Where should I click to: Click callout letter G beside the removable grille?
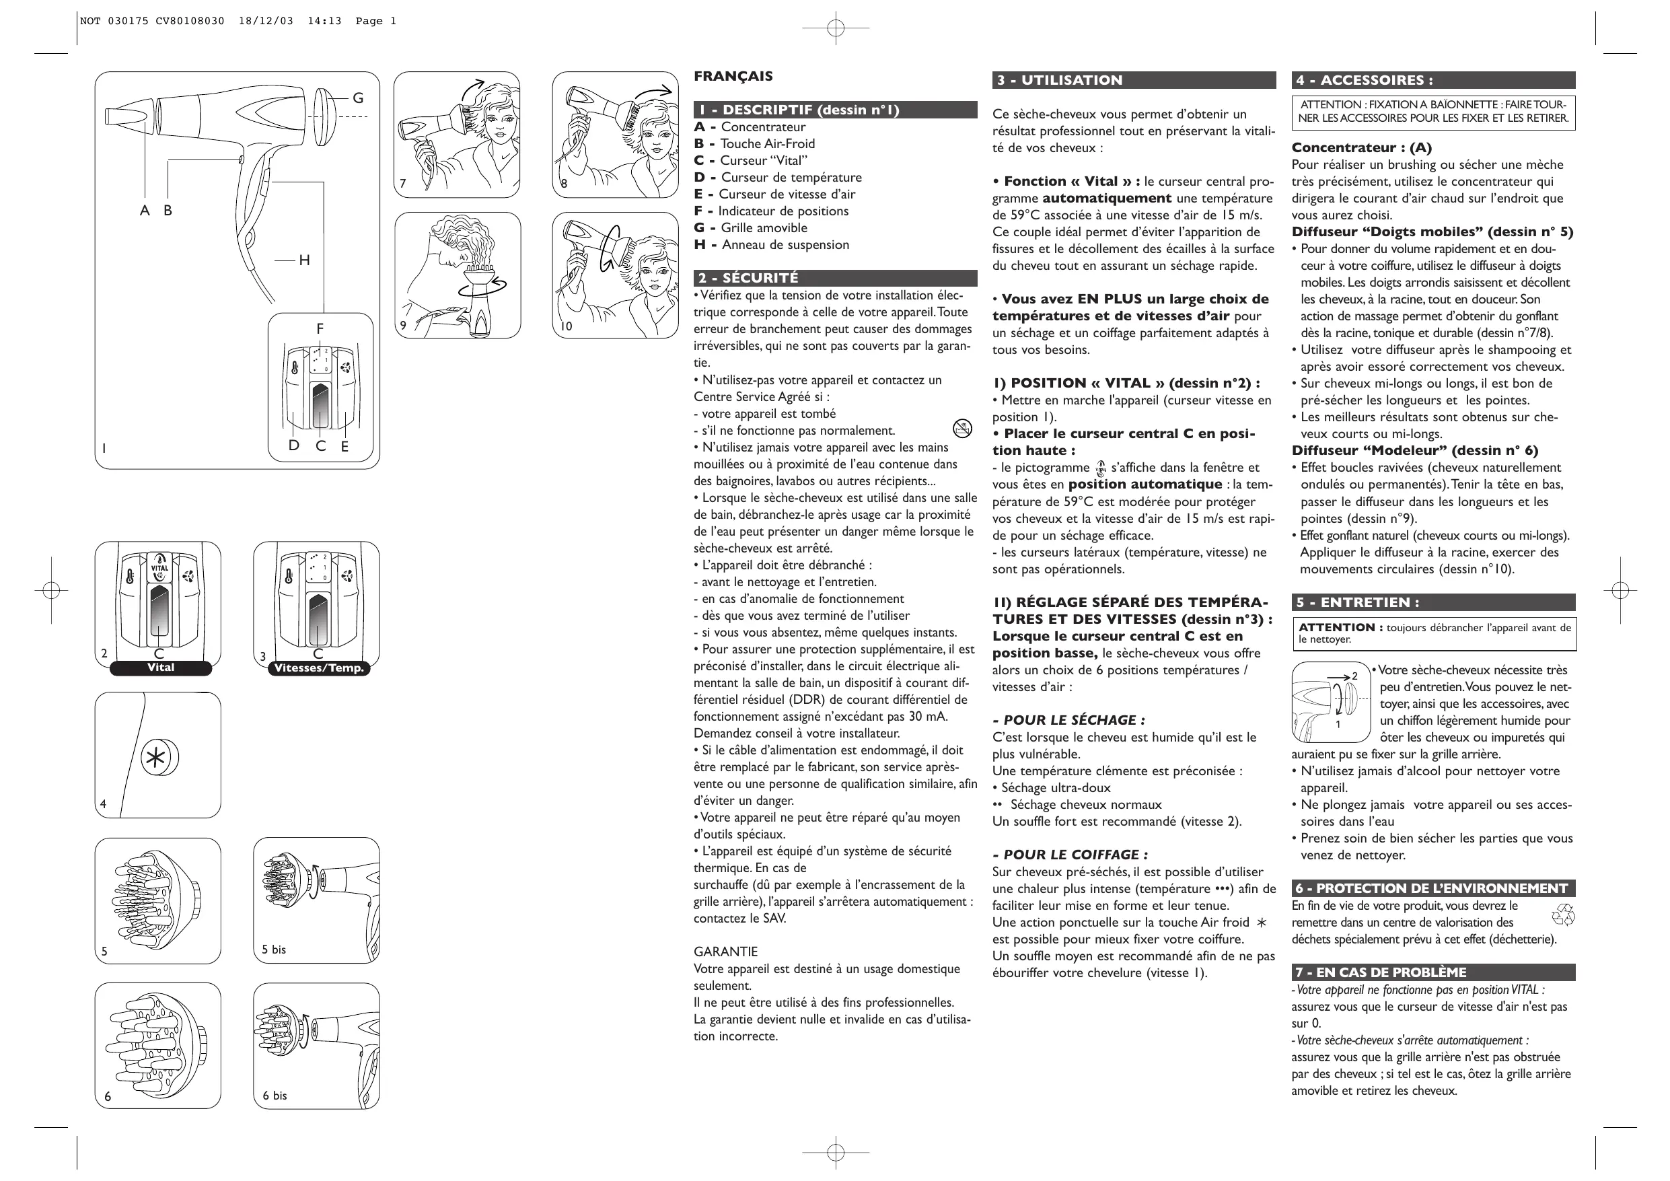click(x=358, y=98)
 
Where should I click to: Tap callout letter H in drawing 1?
click(x=304, y=260)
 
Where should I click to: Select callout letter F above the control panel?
click(x=320, y=329)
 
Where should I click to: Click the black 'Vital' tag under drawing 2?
click(x=161, y=668)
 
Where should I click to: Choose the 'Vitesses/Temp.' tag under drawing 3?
click(x=318, y=668)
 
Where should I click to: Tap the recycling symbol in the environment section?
click(x=1562, y=915)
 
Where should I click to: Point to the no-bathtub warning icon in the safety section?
click(x=961, y=429)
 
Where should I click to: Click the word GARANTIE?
click(x=725, y=952)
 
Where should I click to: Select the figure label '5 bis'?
click(x=275, y=950)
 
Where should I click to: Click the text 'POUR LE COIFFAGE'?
click(x=1070, y=855)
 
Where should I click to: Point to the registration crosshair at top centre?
click(x=836, y=28)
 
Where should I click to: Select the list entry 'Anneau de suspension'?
click(x=785, y=245)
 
